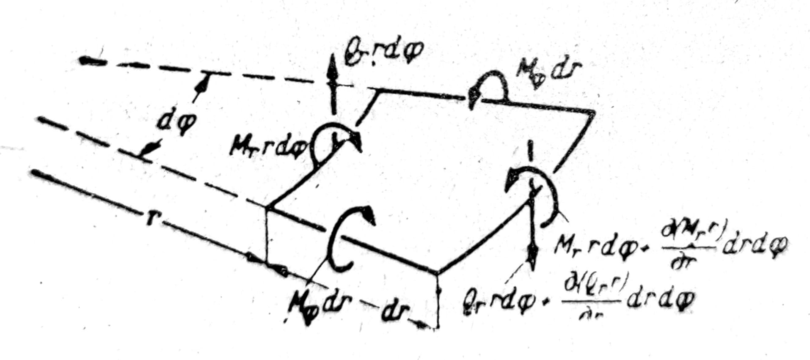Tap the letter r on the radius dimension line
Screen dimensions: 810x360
[150, 219]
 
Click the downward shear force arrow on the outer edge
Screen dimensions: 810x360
[532, 241]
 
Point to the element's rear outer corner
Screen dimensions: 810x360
[592, 112]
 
